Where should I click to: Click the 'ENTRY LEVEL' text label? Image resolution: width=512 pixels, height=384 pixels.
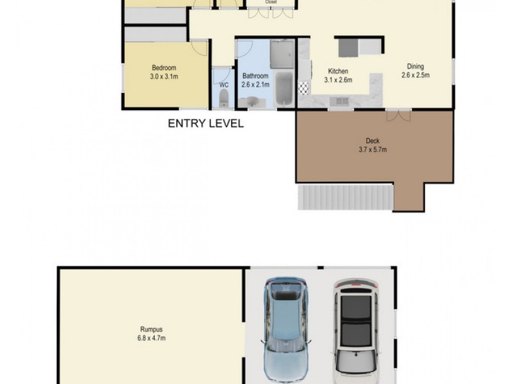click(x=205, y=124)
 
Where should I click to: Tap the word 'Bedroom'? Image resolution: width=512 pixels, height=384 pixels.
click(x=164, y=68)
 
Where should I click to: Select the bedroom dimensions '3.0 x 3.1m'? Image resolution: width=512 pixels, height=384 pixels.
click(x=164, y=77)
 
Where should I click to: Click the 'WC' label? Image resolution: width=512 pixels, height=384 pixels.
click(x=223, y=84)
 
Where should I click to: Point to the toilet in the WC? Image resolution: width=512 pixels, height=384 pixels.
click(x=223, y=98)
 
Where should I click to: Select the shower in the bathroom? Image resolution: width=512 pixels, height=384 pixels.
click(x=282, y=54)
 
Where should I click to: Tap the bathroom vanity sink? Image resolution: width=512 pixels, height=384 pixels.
click(x=252, y=101)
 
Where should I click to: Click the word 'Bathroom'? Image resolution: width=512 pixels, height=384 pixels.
click(x=255, y=76)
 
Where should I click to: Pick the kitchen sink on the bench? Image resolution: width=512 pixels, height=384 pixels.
click(x=339, y=100)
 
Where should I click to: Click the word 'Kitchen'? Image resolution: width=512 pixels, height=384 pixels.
click(x=338, y=71)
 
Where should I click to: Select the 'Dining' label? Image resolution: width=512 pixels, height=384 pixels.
click(x=415, y=66)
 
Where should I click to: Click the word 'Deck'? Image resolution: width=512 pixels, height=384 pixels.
click(x=373, y=141)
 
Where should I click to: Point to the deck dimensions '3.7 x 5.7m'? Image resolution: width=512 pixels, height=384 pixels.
click(x=373, y=150)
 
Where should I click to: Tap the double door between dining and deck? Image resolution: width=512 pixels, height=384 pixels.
click(x=399, y=115)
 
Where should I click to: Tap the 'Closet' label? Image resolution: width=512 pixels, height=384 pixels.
click(x=271, y=2)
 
